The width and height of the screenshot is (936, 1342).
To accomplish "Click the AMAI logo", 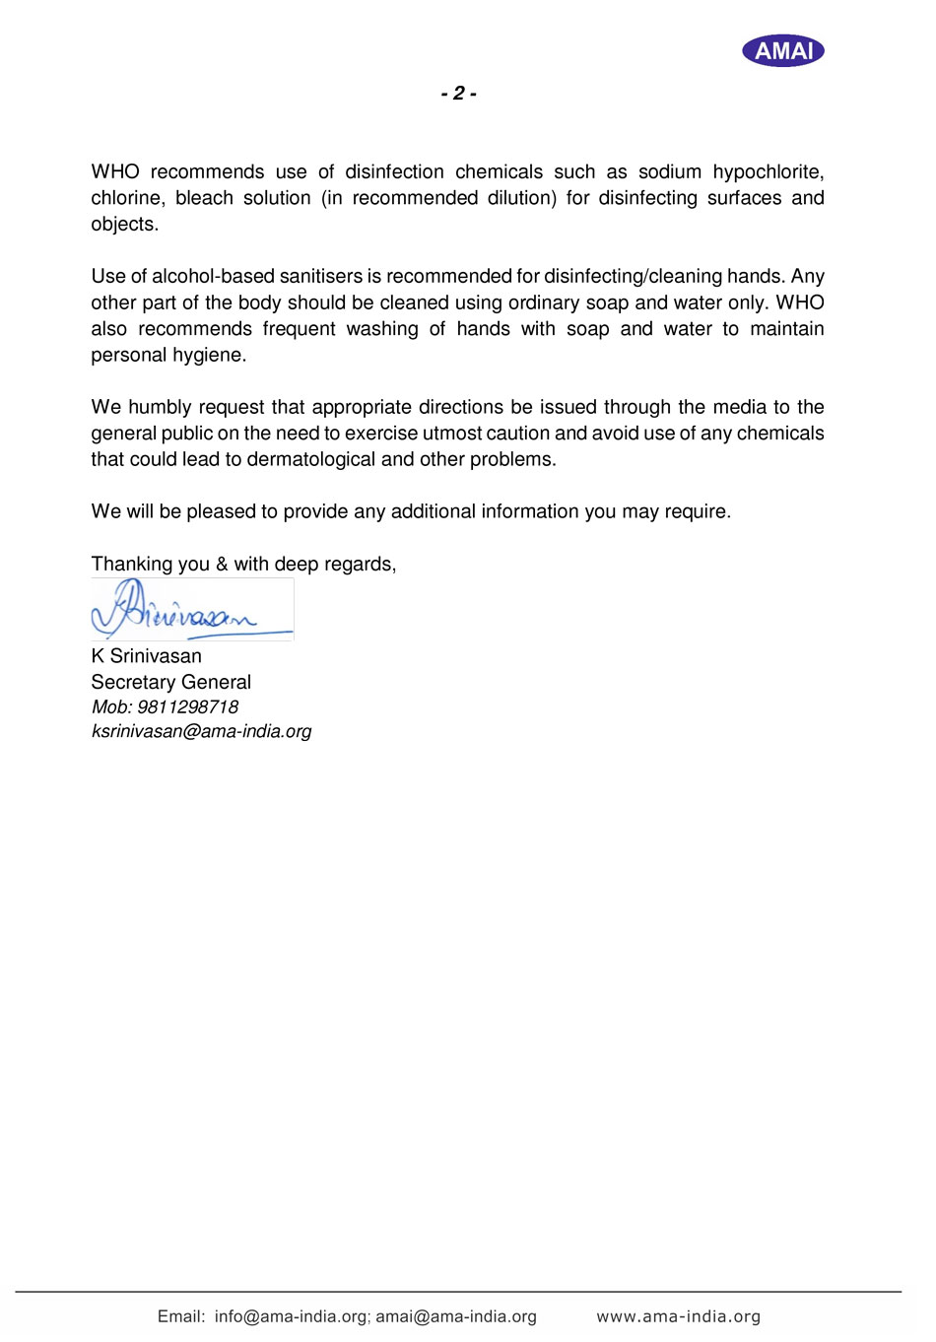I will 783,50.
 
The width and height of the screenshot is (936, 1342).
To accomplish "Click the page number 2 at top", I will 459,94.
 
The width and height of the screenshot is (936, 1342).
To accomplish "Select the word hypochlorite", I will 769,172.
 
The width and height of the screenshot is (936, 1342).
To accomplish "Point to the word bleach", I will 204,198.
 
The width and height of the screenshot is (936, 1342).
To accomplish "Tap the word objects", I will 124,225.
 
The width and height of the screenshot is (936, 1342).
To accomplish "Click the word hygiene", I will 211,356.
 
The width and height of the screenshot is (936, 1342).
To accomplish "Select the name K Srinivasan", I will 146,656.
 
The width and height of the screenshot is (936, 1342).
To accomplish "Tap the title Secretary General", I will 170,682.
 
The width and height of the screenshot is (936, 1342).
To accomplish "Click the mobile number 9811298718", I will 187,707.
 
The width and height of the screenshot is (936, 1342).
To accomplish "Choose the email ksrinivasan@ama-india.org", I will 201,732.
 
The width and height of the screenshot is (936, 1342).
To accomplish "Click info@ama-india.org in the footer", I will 291,1316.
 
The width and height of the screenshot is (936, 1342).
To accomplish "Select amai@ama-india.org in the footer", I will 456,1316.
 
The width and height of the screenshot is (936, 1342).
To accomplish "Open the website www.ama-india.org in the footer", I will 678,1316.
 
